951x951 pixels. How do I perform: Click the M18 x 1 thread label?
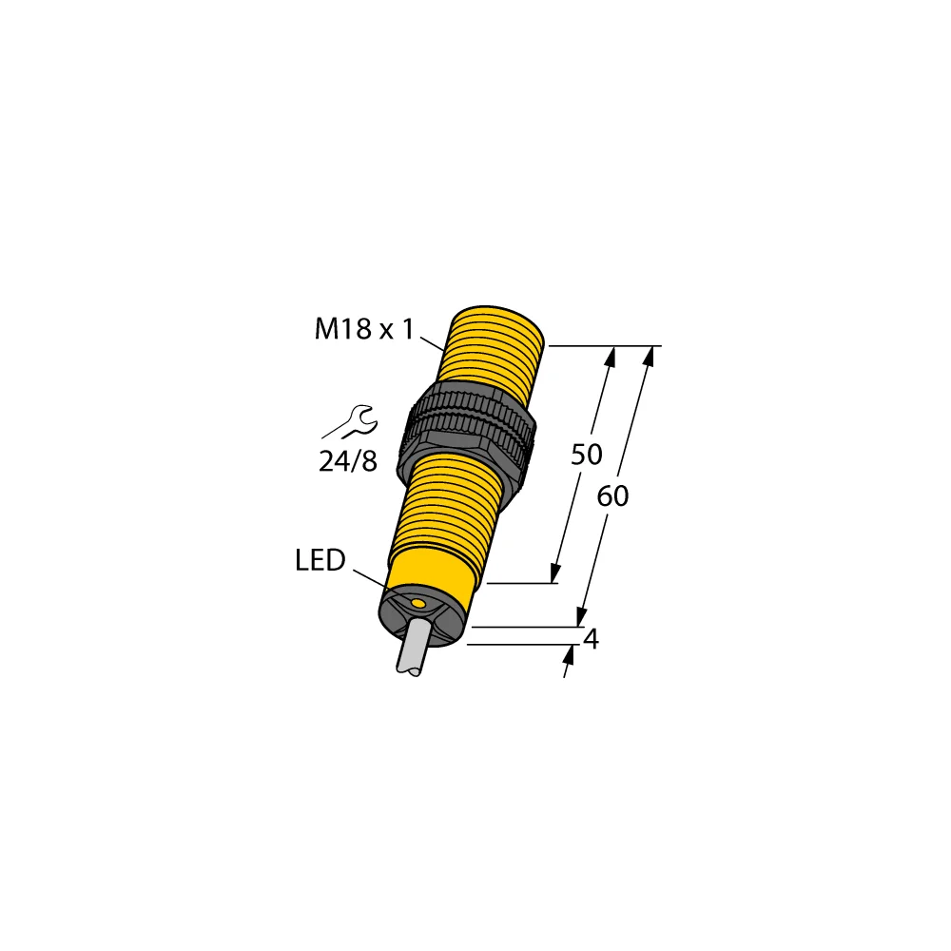364,330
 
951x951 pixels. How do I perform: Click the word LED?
320,561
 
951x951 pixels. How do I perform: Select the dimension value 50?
586,455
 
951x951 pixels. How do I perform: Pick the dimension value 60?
613,495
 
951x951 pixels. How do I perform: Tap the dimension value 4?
591,640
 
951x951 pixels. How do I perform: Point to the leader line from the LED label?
372,578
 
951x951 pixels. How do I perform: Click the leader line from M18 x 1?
433,341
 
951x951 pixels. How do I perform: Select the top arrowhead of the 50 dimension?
611,356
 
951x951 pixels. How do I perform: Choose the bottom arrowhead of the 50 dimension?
553,573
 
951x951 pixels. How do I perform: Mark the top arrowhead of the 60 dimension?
650,356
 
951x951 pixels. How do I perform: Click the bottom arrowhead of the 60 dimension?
582,617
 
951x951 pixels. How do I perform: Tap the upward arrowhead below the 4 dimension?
571,653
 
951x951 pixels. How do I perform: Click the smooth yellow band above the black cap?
434,576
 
